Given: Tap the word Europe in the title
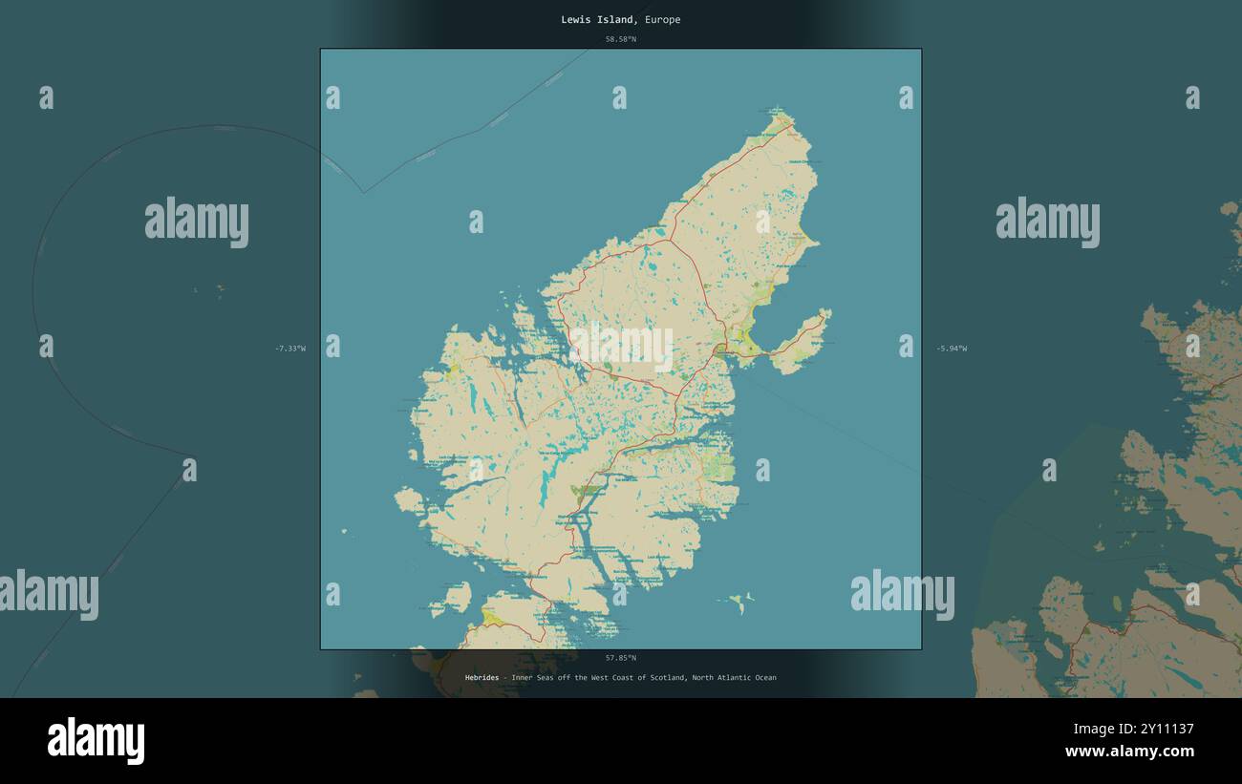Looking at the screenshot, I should click(662, 20).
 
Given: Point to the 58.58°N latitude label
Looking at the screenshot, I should click(620, 39).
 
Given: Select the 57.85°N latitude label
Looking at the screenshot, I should click(620, 658).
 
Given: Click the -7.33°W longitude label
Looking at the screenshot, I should click(290, 349).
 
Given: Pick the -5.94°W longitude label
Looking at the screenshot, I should click(952, 349).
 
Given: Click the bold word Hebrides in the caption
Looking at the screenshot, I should click(482, 678).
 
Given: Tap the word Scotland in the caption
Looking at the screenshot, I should click(667, 678).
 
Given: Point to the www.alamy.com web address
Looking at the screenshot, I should click(1129, 752).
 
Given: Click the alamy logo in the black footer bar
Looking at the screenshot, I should click(96, 741).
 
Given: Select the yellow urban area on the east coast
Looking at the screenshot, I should click(743, 340).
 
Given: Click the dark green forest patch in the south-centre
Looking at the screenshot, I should click(585, 492).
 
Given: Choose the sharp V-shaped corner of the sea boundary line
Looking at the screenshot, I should click(363, 192).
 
